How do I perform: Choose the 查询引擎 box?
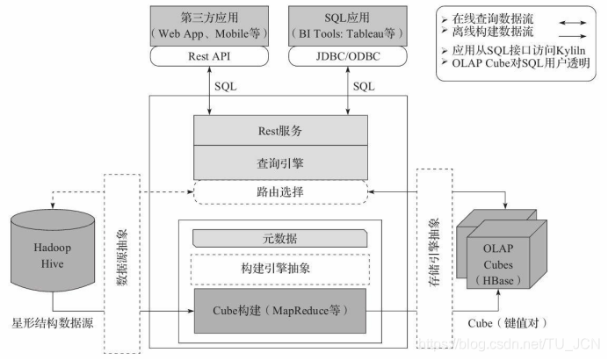click(281, 162)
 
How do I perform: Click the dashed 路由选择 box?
click(281, 193)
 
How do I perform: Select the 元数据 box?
click(281, 238)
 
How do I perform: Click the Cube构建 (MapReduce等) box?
click(281, 309)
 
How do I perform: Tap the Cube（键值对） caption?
click(509, 324)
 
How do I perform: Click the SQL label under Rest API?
click(226, 88)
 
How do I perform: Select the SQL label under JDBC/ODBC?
click(363, 88)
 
